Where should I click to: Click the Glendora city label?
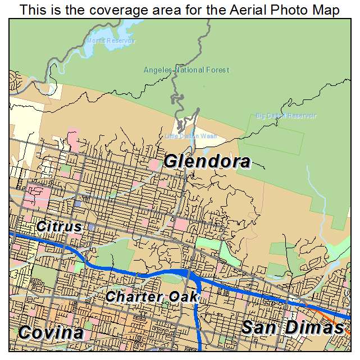point(207,162)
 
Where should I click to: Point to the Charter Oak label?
point(152,297)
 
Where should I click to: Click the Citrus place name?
point(59,227)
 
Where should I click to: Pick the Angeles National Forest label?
point(186,70)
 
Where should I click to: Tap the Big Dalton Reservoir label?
point(286,116)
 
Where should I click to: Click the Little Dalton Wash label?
point(191,136)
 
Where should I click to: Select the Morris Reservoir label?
point(111,41)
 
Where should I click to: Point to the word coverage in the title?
point(117,10)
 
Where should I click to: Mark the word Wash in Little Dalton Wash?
point(209,136)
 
